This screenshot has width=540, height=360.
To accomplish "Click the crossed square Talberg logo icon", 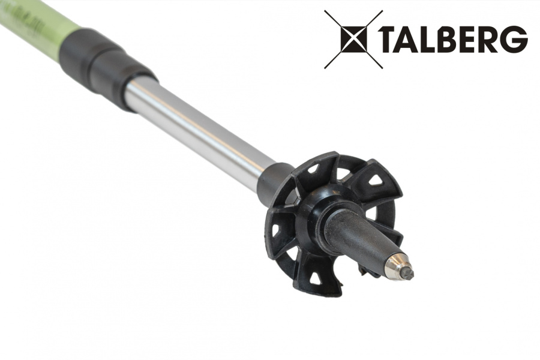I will pos(353,38).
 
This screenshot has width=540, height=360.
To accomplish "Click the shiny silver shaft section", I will pos(198,126).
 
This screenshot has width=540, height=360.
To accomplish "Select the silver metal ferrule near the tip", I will pos(396,264).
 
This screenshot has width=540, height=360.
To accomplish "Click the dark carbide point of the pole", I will pos(408,273).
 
